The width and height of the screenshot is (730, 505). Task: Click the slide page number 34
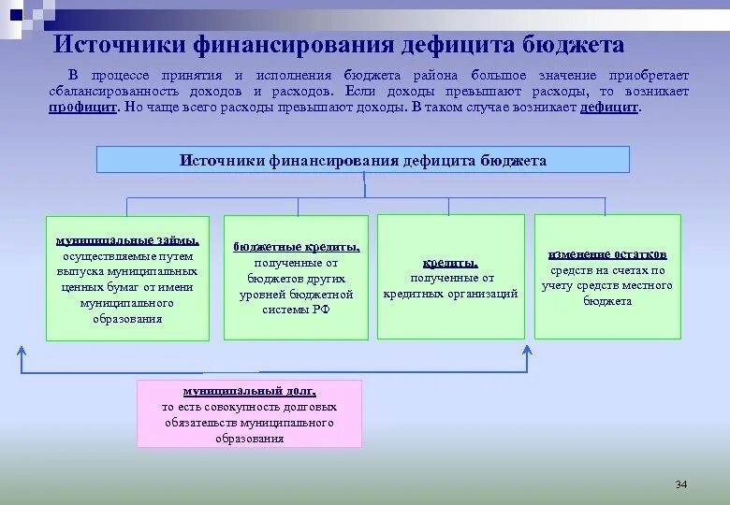coord(680,484)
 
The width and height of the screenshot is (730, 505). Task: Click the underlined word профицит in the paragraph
coord(82,108)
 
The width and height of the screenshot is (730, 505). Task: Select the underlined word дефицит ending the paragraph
coord(608,108)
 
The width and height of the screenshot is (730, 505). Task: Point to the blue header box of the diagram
coord(363,160)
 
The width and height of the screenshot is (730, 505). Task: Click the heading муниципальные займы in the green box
coord(127,240)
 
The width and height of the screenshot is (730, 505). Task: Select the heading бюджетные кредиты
coord(297,247)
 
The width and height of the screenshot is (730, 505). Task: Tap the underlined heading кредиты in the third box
coord(450,263)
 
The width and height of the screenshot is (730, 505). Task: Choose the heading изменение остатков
coord(607,254)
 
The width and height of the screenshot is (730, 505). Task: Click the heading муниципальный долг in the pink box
coord(249,392)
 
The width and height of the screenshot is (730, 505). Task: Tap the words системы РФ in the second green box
coord(296,310)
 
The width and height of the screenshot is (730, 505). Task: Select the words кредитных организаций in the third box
coord(450,294)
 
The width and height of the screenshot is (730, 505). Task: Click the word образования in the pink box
coord(249,439)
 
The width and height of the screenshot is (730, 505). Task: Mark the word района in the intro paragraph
coord(430,75)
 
